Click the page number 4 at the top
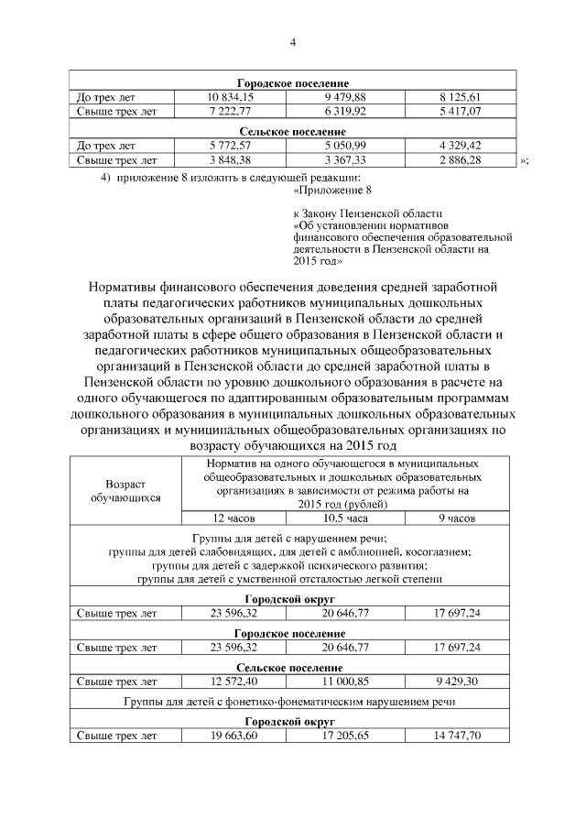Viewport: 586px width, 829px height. (292, 42)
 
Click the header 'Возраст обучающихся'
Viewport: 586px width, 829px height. (125, 490)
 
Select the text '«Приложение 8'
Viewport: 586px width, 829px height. (332, 191)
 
